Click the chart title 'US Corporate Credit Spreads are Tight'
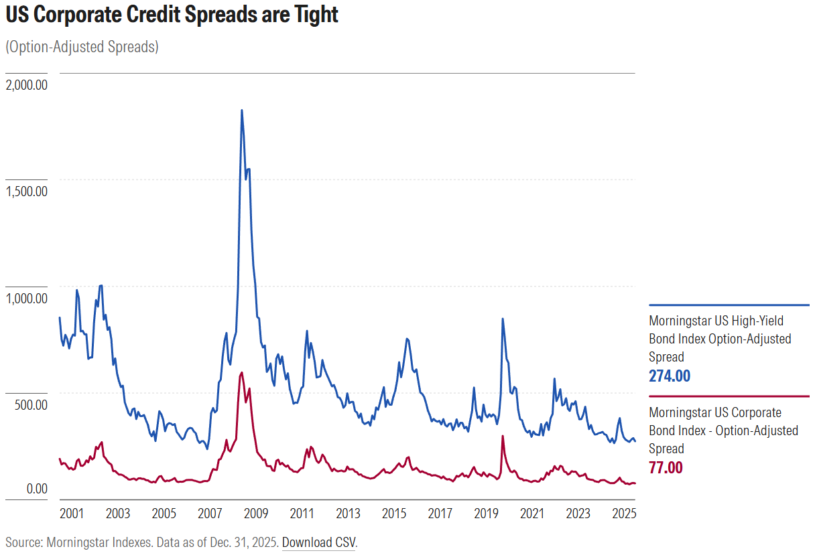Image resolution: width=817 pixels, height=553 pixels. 172,15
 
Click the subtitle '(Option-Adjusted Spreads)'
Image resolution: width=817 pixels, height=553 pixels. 82,48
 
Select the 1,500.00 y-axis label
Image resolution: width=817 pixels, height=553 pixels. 25,191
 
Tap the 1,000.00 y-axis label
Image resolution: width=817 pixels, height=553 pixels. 25,298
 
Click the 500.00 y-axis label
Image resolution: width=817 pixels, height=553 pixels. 29,405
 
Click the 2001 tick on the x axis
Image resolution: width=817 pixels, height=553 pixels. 72,513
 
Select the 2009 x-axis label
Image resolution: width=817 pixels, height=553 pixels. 256,513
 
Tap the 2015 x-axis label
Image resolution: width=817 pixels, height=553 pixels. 394,513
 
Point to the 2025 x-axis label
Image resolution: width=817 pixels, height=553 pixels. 624,513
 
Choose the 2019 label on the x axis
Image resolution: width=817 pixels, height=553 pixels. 486,513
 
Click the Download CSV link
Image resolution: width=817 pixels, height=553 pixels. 318,542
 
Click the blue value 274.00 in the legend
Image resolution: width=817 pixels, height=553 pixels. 669,376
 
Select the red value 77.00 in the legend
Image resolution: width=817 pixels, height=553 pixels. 666,467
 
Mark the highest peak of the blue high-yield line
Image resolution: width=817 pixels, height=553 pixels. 241,110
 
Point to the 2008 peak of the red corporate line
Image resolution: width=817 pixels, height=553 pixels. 241,373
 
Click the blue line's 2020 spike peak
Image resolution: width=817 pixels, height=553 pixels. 503,319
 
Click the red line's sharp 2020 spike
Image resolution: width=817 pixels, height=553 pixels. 503,437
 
